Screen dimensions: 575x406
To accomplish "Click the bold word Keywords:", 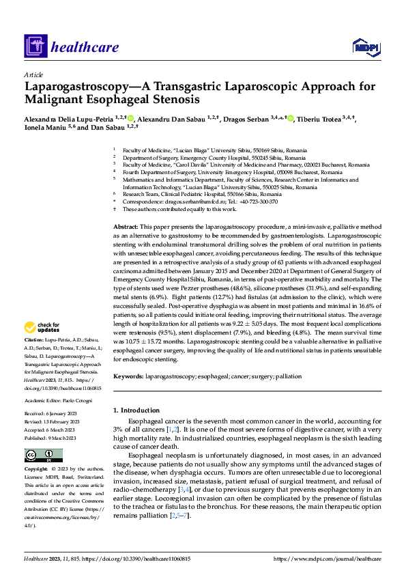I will (x=128, y=376).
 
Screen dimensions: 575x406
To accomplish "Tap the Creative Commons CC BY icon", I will (x=43, y=455).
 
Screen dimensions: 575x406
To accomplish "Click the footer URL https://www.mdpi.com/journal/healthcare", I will (x=328, y=559).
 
